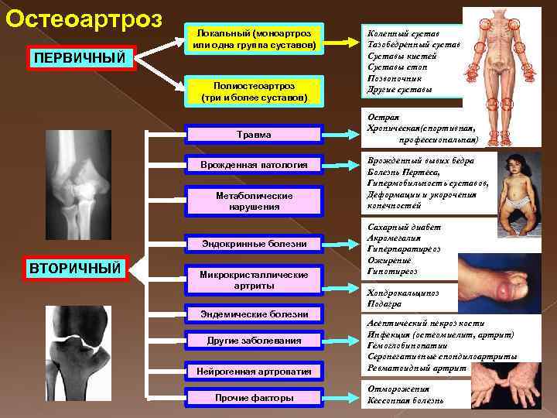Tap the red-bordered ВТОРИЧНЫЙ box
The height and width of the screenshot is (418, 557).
coord(75,268)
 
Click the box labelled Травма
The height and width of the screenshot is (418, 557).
coord(255,134)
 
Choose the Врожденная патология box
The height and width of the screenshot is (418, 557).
coord(255,165)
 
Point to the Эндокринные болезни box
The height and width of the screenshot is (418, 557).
coord(255,244)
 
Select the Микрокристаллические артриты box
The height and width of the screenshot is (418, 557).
coord(255,280)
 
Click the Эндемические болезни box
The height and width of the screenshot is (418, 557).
coord(255,313)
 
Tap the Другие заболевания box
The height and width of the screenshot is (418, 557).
coord(255,341)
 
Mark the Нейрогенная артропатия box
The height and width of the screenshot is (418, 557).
coord(255,371)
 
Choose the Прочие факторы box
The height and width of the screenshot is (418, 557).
coord(255,398)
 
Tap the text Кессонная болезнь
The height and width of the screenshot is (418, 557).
coord(407,401)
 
